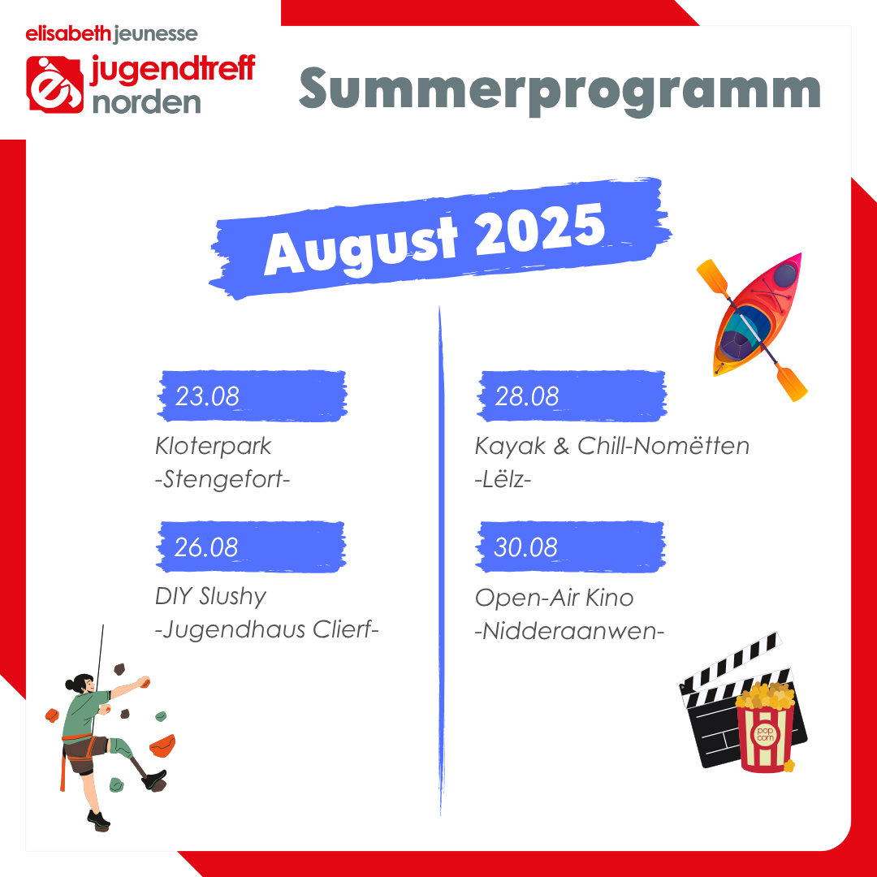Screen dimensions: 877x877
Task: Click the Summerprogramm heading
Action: [x=559, y=90]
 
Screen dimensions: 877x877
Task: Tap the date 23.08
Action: [x=207, y=396]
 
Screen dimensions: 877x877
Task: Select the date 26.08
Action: [x=205, y=547]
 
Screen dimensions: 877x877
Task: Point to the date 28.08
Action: [x=526, y=396]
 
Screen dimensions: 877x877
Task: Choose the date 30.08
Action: [x=525, y=547]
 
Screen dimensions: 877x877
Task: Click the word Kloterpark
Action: [x=213, y=447]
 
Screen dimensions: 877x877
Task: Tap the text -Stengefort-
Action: [x=222, y=479]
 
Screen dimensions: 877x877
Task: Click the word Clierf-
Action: [x=346, y=630]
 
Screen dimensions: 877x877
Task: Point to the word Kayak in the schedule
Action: [x=510, y=447]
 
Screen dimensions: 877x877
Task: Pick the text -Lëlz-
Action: [x=503, y=479]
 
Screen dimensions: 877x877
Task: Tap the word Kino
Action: [x=609, y=598]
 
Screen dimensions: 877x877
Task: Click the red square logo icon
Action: [x=55, y=84]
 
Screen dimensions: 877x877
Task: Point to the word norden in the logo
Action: [x=146, y=103]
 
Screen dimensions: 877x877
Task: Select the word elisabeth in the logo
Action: [x=68, y=34]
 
